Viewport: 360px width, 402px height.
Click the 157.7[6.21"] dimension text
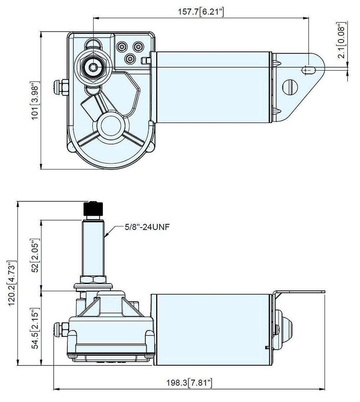202,12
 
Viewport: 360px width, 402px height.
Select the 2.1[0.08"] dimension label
342,40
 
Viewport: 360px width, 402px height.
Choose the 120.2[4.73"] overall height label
12,283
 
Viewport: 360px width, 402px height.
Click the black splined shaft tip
94,209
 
